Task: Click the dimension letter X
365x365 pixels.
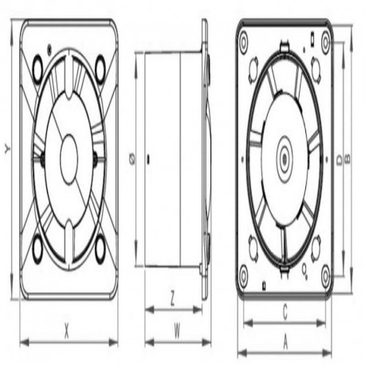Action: coord(66,331)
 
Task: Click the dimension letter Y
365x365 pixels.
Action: coord(7,149)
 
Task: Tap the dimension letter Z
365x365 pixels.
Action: coord(172,298)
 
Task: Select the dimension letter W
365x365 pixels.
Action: coord(177,331)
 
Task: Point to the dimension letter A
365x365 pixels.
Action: coord(285,342)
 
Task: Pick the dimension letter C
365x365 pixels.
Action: coord(285,312)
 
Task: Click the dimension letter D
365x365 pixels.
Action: coord(339,160)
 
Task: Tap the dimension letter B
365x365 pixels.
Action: coord(347,159)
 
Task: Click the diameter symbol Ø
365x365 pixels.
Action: coord(132,159)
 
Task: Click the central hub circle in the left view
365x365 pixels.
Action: coord(69,159)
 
